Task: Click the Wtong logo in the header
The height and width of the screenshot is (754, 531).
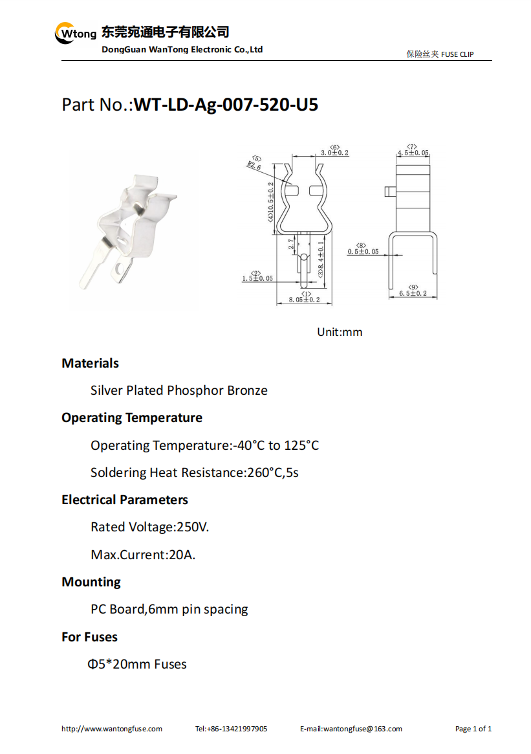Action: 75,32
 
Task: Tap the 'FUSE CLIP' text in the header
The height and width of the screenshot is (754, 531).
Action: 457,54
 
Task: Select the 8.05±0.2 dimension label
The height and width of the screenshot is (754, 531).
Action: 304,300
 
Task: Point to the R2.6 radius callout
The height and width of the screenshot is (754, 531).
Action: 254,166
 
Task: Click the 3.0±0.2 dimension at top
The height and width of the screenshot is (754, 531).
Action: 334,153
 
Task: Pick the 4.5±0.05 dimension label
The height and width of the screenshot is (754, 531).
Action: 413,153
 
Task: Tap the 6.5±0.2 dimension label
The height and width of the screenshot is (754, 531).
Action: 413,293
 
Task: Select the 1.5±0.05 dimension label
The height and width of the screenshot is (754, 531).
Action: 257,278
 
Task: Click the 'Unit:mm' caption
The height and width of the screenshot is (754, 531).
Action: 340,332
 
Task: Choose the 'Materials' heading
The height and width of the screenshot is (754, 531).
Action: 90,363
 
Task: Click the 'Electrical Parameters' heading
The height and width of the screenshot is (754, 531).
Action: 125,500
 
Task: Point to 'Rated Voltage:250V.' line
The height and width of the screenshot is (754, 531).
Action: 150,527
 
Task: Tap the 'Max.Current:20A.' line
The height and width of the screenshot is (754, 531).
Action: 143,555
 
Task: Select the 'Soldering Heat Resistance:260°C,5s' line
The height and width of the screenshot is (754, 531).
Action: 195,472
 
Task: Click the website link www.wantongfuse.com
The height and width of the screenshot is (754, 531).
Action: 112,729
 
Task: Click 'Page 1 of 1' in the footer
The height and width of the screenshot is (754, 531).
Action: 473,729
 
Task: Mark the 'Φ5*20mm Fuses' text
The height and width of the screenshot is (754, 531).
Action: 137,664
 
